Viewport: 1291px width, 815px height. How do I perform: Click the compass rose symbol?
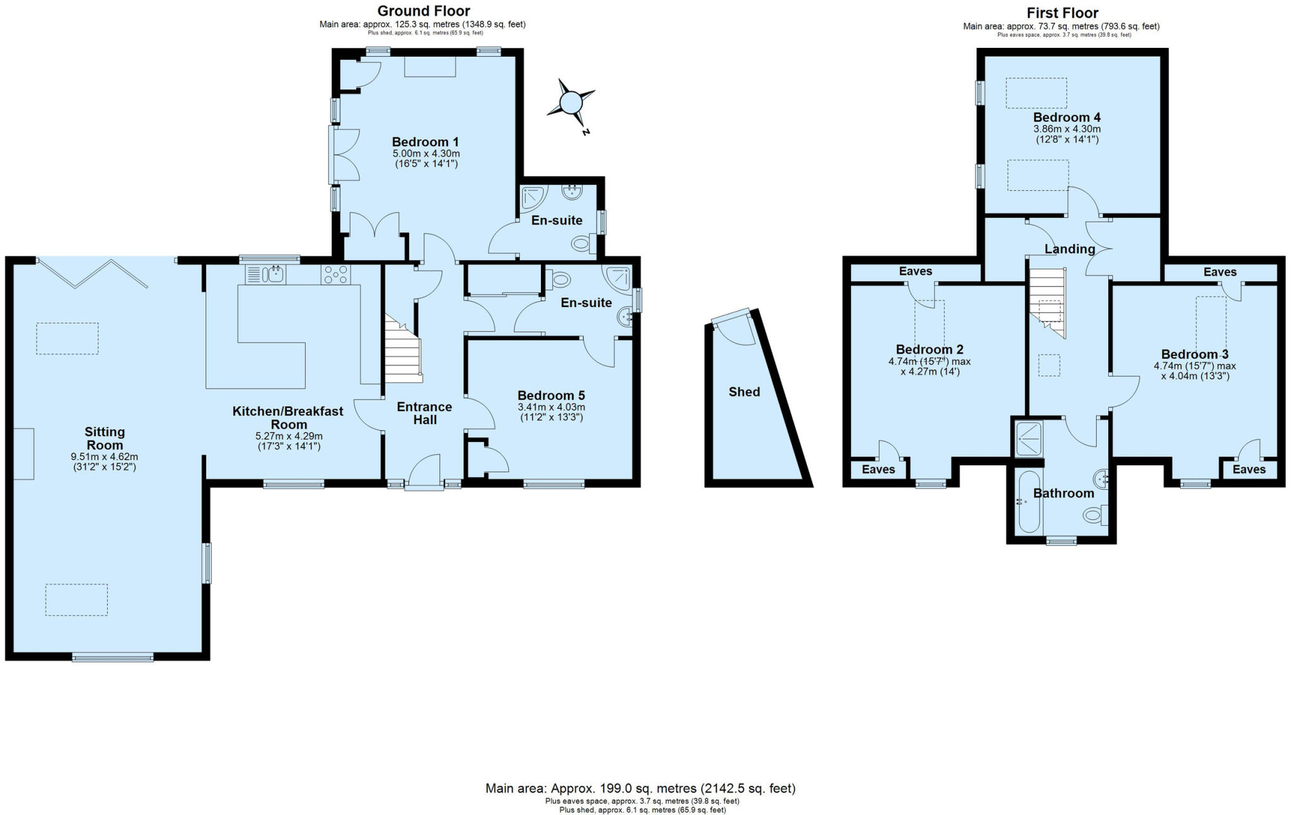[x=571, y=103]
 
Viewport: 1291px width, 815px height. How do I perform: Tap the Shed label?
[x=744, y=392]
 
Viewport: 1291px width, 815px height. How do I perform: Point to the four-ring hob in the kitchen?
[x=335, y=274]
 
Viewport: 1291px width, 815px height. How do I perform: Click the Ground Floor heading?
[x=423, y=11]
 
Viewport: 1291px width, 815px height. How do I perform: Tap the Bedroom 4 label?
[x=1067, y=117]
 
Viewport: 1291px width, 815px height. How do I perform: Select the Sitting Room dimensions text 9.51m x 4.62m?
[x=105, y=457]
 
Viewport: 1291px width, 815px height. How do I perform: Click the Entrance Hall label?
[x=424, y=413]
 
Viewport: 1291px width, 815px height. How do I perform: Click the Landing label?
[x=1069, y=249]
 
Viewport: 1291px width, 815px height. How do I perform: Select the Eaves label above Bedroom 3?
[x=1219, y=272]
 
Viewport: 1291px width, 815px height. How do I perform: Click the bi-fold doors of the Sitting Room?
[x=93, y=272]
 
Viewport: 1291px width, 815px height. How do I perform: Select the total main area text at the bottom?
[x=640, y=788]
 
